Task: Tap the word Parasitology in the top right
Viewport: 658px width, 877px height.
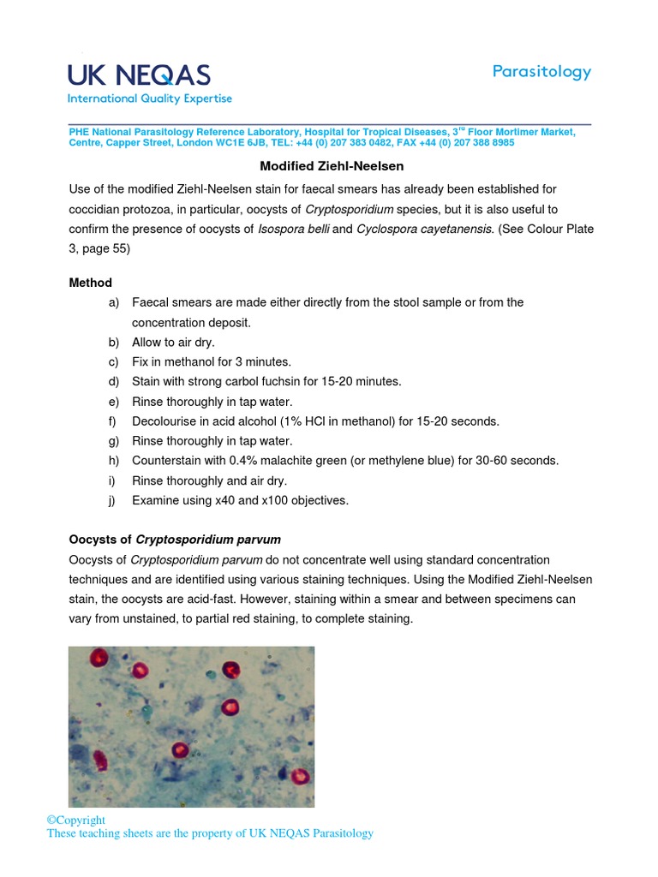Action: click(541, 72)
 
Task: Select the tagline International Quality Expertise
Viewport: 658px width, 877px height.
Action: click(150, 98)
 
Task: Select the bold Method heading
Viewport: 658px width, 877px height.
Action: click(90, 283)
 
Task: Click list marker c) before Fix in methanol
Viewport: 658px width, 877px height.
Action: click(114, 361)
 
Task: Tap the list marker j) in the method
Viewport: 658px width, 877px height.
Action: click(114, 500)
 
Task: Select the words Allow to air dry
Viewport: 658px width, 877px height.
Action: click(173, 342)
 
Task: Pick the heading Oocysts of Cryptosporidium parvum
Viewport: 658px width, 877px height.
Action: click(175, 540)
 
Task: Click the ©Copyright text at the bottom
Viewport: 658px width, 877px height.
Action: click(76, 820)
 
